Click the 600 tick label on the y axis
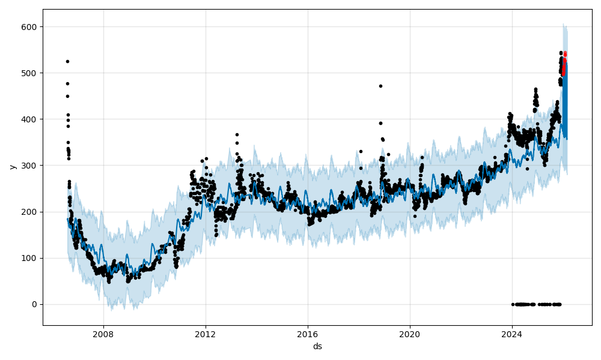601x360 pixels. click(x=29, y=27)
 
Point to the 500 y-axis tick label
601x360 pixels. click(x=29, y=73)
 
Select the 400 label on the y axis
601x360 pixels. click(x=29, y=119)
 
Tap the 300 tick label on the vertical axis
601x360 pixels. click(x=29, y=166)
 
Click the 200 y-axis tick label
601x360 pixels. click(x=29, y=212)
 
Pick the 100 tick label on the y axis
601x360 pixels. click(x=29, y=258)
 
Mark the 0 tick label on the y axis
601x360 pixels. click(x=34, y=304)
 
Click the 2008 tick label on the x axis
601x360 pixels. click(x=103, y=334)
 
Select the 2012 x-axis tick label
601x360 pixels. click(x=206, y=334)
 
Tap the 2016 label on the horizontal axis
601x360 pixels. click(x=308, y=334)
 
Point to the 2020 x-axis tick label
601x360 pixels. click(x=410, y=334)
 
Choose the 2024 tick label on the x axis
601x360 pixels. click(x=512, y=334)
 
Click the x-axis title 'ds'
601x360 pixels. click(x=317, y=346)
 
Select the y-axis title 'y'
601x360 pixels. click(x=11, y=166)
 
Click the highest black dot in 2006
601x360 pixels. click(x=67, y=61)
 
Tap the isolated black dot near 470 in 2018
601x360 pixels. click(x=380, y=86)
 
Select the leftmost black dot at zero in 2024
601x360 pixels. click(x=513, y=304)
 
